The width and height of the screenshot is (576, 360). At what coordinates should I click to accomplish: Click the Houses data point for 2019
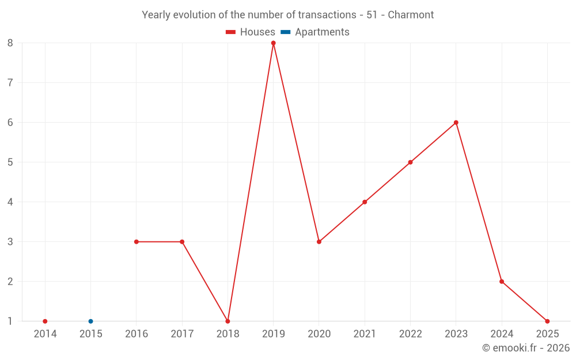(x=274, y=43)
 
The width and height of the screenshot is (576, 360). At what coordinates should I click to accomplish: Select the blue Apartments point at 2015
(x=90, y=321)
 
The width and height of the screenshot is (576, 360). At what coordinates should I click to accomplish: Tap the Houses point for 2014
(x=45, y=321)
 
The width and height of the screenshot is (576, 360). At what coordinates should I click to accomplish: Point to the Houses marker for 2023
(x=456, y=123)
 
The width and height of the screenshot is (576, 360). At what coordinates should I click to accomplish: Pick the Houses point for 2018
(x=228, y=321)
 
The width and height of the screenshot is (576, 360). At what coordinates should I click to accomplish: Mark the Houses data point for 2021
(x=365, y=202)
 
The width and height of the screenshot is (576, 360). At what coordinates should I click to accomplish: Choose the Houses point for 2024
(x=502, y=282)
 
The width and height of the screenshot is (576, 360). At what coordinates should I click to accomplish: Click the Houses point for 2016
(x=137, y=242)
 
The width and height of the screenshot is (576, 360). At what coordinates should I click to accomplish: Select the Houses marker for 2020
(x=319, y=242)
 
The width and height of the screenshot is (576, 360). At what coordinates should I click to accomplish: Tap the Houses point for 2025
(x=547, y=321)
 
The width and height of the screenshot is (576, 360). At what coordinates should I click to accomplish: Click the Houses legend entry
(x=251, y=32)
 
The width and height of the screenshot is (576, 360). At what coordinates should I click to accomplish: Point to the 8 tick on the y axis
(x=10, y=43)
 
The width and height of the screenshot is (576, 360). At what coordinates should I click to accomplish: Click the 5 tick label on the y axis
(x=10, y=162)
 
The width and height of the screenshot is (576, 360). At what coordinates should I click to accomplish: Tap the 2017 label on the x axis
(x=182, y=334)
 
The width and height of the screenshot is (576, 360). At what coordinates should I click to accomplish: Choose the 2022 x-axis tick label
(x=410, y=334)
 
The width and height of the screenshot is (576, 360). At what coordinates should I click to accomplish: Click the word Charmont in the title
(x=411, y=15)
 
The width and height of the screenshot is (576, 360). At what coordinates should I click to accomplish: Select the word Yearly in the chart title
(x=156, y=15)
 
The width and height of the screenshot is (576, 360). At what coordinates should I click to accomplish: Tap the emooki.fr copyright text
(x=525, y=348)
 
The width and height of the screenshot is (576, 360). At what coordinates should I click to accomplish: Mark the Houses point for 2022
(x=410, y=162)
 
